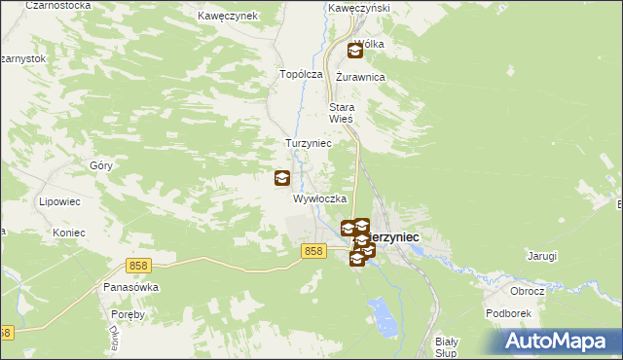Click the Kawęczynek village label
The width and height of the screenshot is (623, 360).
(227, 17)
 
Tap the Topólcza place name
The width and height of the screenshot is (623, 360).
(300, 74)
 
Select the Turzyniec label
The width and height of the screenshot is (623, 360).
(309, 143)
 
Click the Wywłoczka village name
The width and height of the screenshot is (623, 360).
(320, 198)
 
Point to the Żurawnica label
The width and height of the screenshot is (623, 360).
(360, 77)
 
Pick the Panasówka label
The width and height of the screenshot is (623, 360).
(130, 288)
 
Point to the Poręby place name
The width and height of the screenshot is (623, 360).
(128, 314)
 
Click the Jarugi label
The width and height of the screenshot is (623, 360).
(542, 257)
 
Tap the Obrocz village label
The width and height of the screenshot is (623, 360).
(527, 291)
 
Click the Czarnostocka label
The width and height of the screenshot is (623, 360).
(60, 5)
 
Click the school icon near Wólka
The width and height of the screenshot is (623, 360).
(354, 51)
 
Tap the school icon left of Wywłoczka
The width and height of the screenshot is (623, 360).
(281, 178)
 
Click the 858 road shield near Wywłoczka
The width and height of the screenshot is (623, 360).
(312, 251)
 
